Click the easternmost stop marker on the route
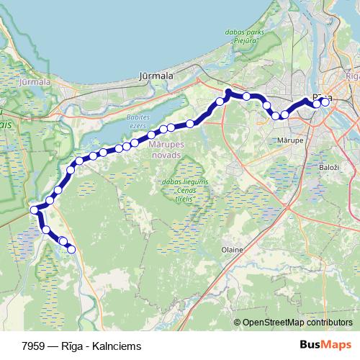[x=325, y=102]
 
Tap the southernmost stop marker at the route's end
[x=71, y=249]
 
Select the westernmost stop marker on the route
[x=34, y=210]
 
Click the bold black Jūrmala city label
[x=156, y=75]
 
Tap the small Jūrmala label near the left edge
[x=36, y=82]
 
